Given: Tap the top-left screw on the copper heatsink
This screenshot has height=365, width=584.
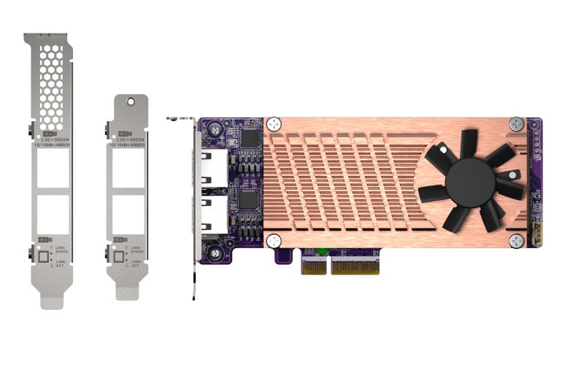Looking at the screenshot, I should pyautogui.click(x=274, y=124).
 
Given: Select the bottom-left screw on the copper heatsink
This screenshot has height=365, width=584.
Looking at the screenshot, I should pyautogui.click(x=274, y=240).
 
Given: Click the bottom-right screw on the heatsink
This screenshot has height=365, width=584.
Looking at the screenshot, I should pyautogui.click(x=517, y=240).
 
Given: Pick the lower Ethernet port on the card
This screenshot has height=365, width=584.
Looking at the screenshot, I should pyautogui.click(x=213, y=216).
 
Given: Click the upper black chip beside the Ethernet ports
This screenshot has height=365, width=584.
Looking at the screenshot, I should pyautogui.click(x=251, y=138).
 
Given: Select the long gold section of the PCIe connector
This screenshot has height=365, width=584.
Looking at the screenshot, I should pyautogui.click(x=355, y=266).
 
